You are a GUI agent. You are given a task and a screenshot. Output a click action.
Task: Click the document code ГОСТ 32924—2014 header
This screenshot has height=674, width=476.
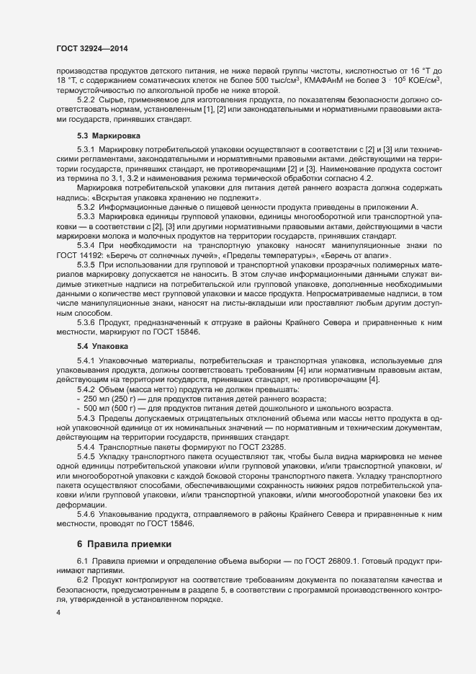coord(91,48)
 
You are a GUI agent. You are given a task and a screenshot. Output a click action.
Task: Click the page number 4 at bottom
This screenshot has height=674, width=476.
coord(58,613)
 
